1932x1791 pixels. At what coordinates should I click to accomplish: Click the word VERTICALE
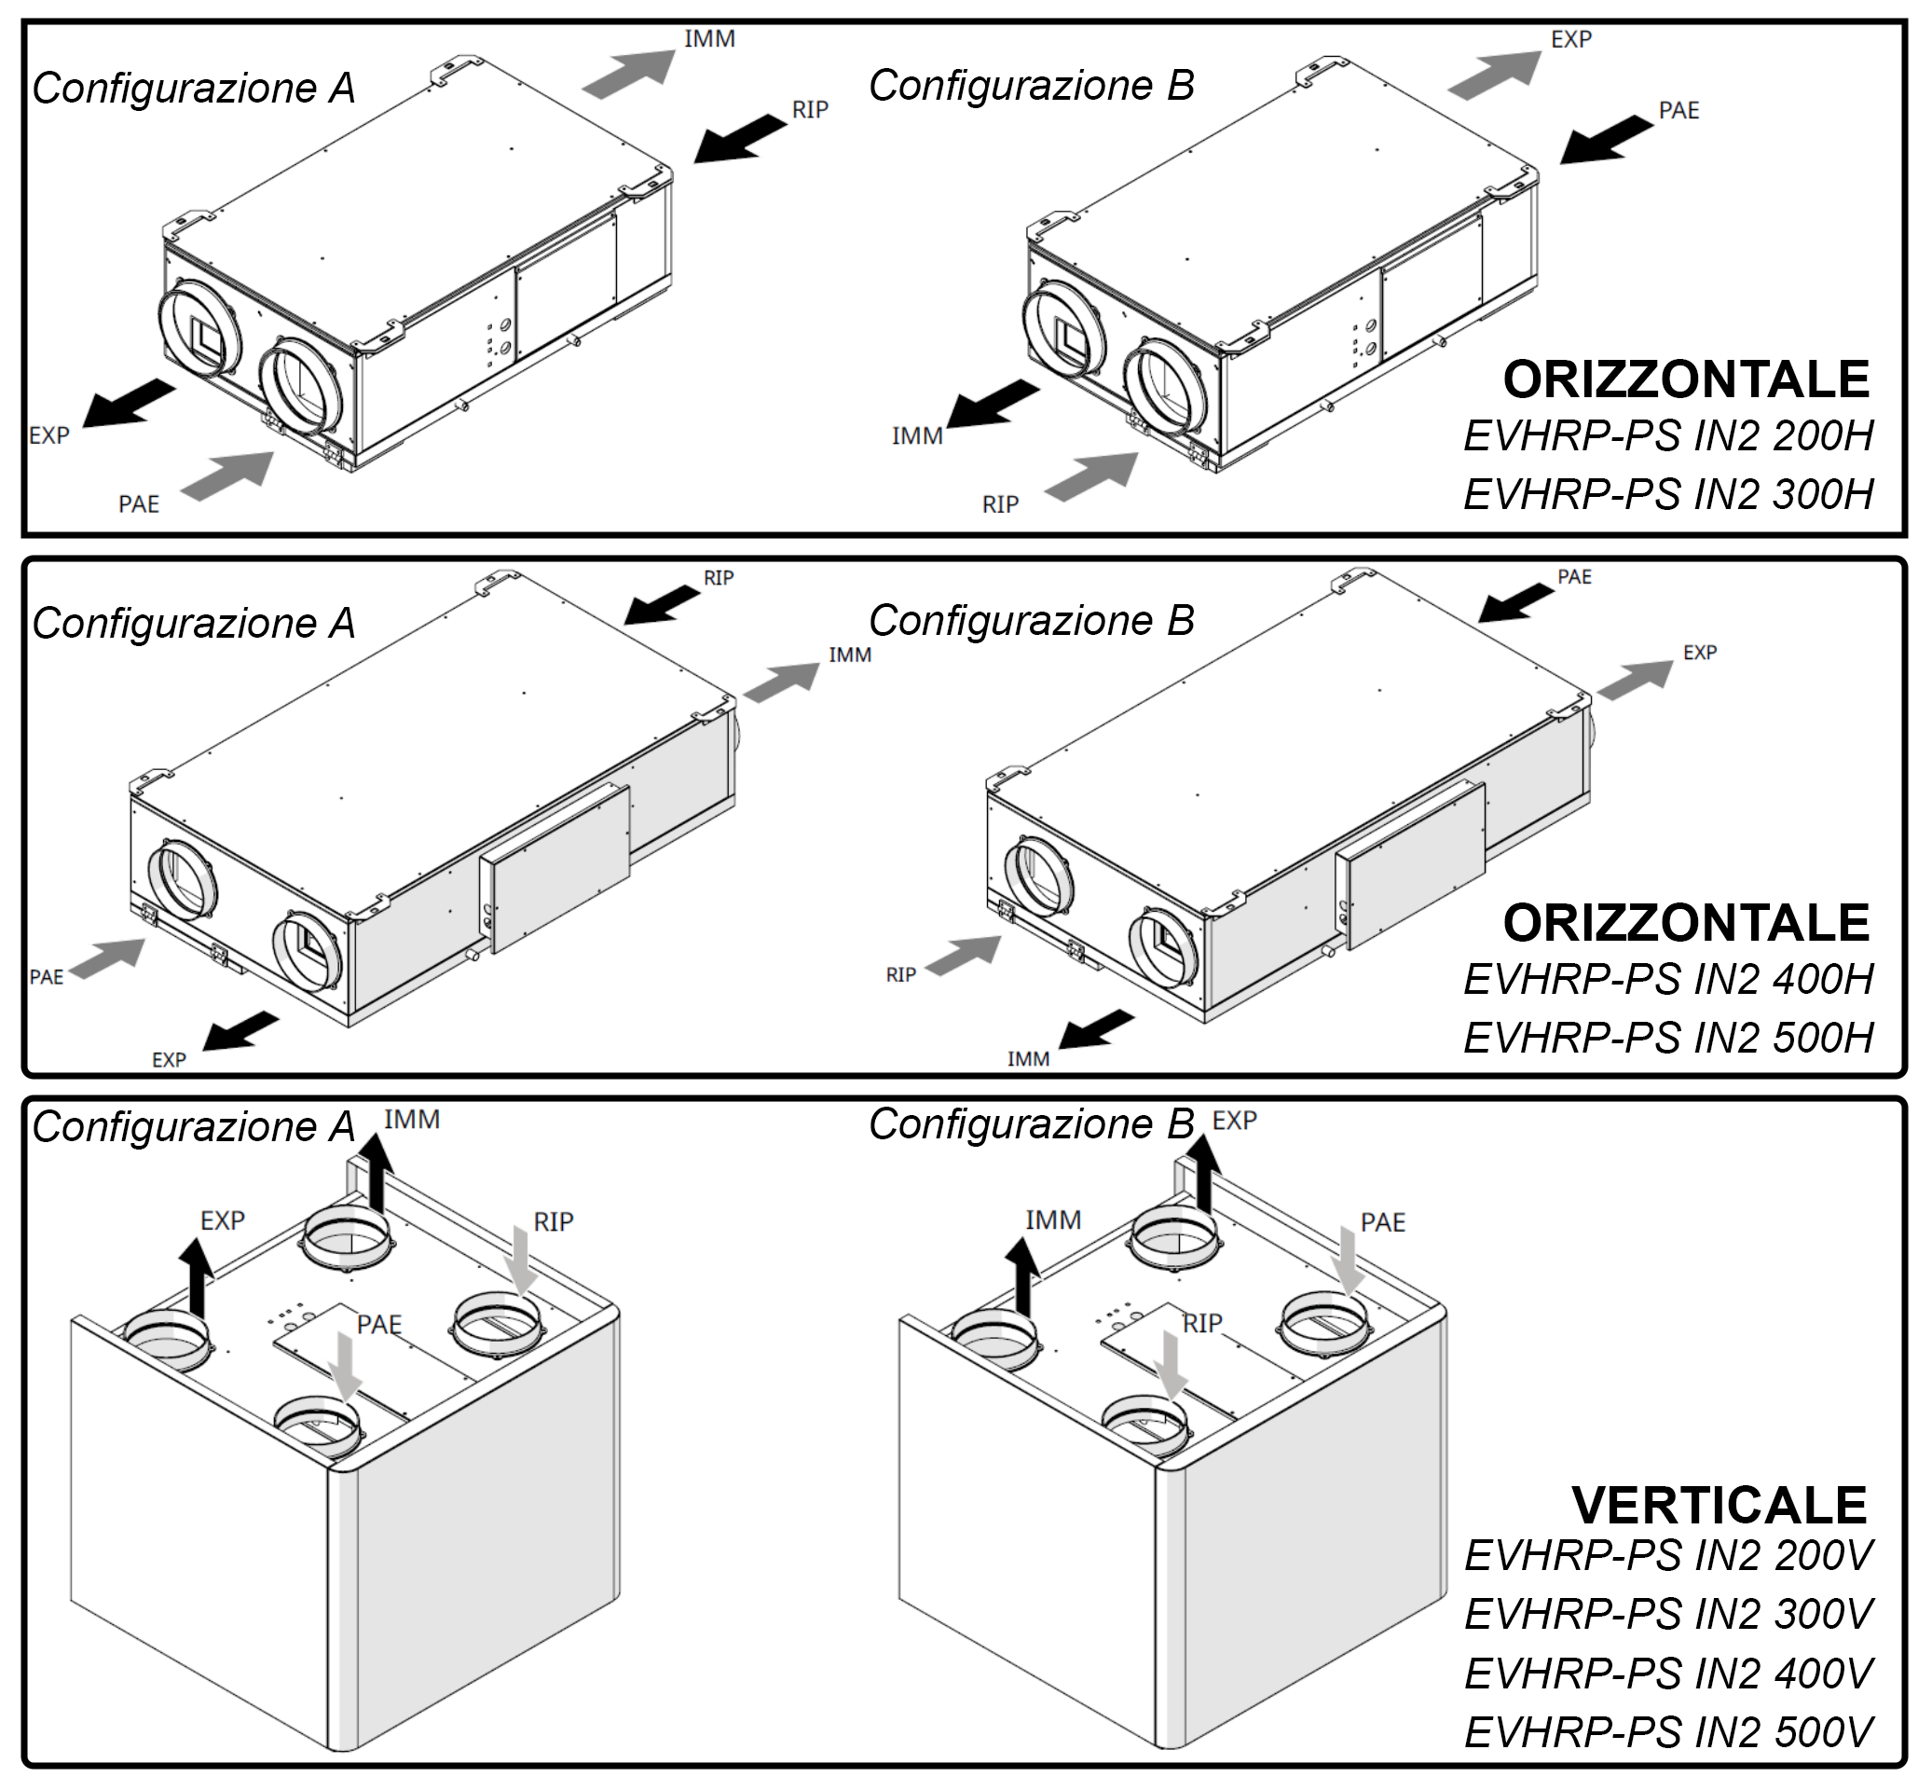[1718, 1505]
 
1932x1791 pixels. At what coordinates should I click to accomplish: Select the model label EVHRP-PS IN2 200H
[1667, 436]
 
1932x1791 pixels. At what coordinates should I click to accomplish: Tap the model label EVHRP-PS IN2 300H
[1667, 494]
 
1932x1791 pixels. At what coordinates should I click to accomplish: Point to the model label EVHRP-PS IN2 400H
[1667, 980]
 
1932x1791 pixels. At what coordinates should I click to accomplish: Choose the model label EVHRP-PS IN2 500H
[1667, 1038]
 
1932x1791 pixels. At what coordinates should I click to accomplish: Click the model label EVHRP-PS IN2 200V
[1667, 1555]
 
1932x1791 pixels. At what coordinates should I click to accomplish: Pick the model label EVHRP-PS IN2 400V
[1667, 1674]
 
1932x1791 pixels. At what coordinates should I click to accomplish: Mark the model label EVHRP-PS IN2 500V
[1667, 1733]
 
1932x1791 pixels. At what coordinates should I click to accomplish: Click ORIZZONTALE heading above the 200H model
[1685, 379]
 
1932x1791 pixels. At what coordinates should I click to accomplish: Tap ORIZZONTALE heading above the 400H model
[1685, 923]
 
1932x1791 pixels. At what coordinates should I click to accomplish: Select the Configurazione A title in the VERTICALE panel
[194, 1127]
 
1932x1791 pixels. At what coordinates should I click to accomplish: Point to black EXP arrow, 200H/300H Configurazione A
[128, 403]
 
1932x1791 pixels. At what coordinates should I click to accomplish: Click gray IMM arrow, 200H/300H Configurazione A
[629, 74]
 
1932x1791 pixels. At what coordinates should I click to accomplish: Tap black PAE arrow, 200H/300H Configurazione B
[1606, 139]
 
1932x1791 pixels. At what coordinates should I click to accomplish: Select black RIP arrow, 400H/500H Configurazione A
[662, 605]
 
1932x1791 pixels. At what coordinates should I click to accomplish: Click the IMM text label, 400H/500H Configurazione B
[1028, 1059]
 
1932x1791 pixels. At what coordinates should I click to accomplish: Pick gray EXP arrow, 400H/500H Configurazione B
[1635, 679]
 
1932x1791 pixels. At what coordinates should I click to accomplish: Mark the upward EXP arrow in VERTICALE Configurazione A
[197, 1276]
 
